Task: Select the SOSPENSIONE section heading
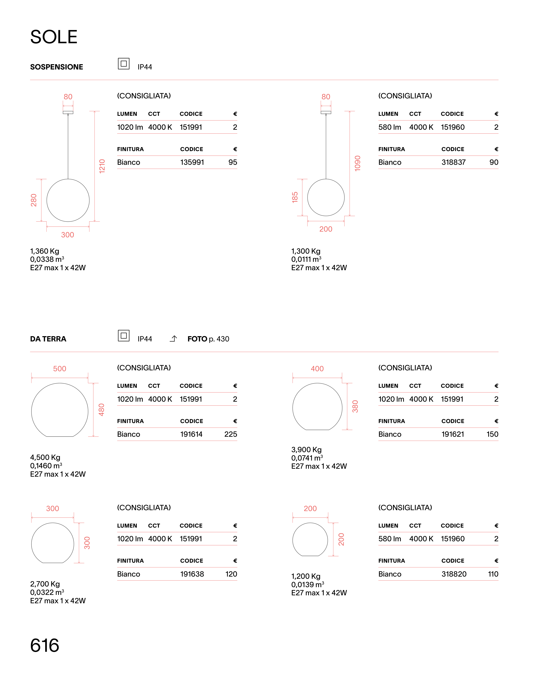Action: [x=56, y=67]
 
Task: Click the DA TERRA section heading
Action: [x=48, y=339]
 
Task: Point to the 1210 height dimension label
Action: [x=102, y=166]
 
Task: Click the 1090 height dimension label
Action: [x=357, y=163]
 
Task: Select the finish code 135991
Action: [x=192, y=162]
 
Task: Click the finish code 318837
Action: [x=453, y=162]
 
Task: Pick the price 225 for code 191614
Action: [x=231, y=434]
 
